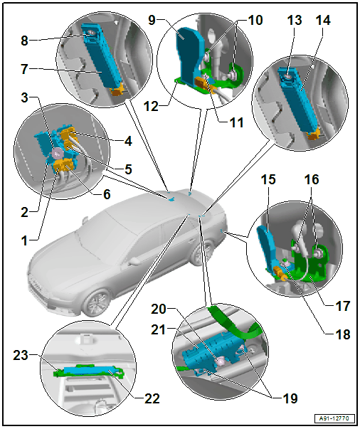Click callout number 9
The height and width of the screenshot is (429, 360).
click(x=152, y=20)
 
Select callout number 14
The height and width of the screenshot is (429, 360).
click(x=323, y=21)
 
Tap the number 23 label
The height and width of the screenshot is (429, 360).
click(x=21, y=355)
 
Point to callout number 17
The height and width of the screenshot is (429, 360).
click(x=343, y=306)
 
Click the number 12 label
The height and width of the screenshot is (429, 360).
click(x=151, y=106)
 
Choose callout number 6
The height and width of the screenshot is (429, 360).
click(x=107, y=194)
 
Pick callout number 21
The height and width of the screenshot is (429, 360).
click(x=159, y=329)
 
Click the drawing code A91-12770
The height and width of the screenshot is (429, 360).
click(x=334, y=418)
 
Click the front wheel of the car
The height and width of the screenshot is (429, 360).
click(x=97, y=303)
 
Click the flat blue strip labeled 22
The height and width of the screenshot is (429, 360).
click(x=90, y=371)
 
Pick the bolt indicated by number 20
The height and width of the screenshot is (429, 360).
click(x=220, y=362)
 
